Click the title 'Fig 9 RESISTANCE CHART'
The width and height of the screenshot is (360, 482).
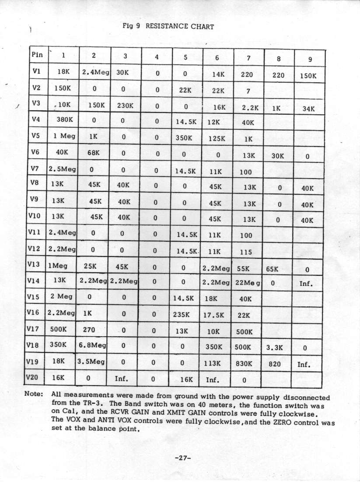click(168, 26)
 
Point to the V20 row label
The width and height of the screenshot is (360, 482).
click(35, 376)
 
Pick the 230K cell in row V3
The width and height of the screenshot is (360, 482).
click(125, 105)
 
